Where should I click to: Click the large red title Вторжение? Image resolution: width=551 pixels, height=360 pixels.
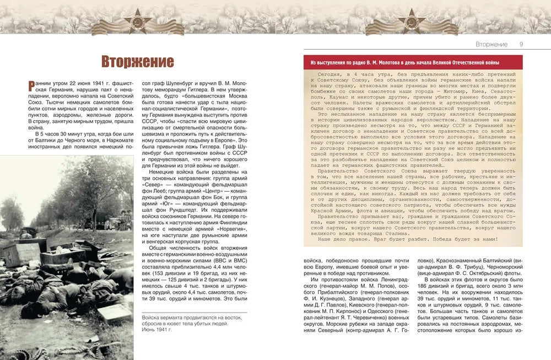pyautogui.click(x=138, y=61)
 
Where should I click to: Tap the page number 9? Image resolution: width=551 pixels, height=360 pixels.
pyautogui.click(x=521, y=44)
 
